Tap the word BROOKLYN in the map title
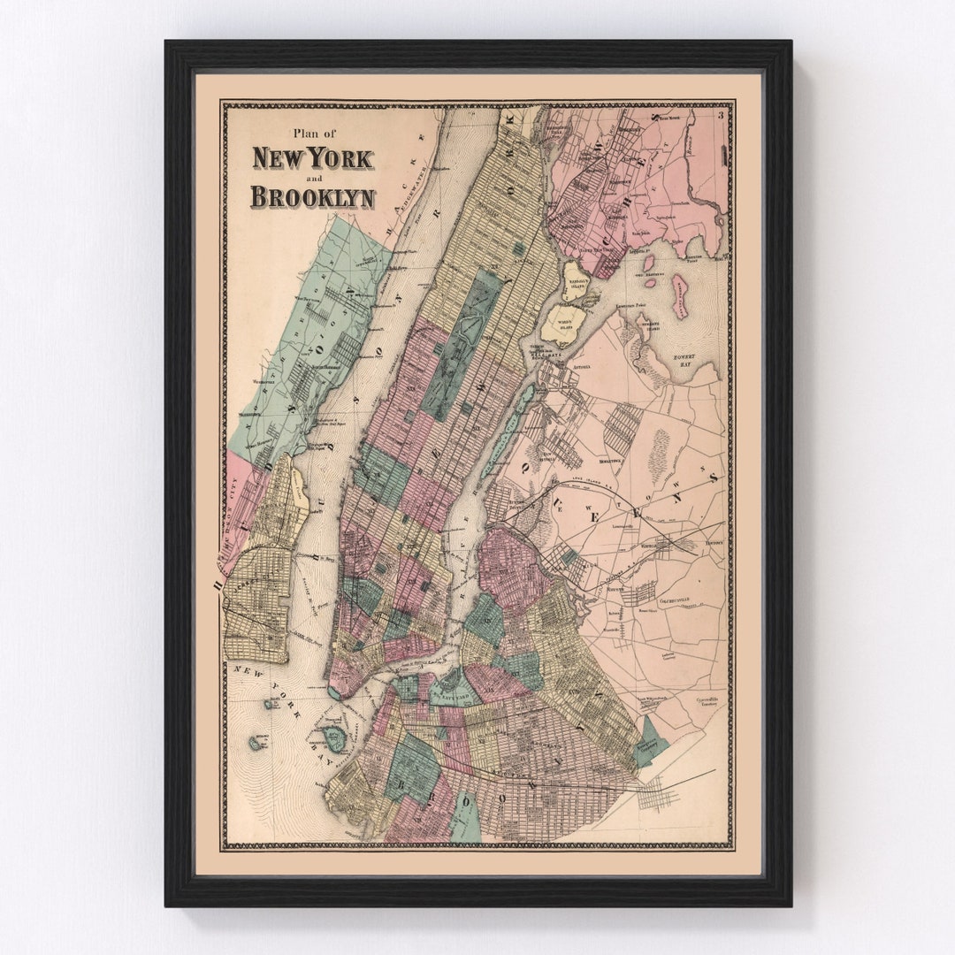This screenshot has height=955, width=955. (312, 196)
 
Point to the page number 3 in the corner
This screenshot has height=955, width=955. (722, 112)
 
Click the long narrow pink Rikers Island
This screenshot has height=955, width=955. (679, 296)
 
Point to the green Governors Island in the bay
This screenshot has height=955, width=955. (334, 738)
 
